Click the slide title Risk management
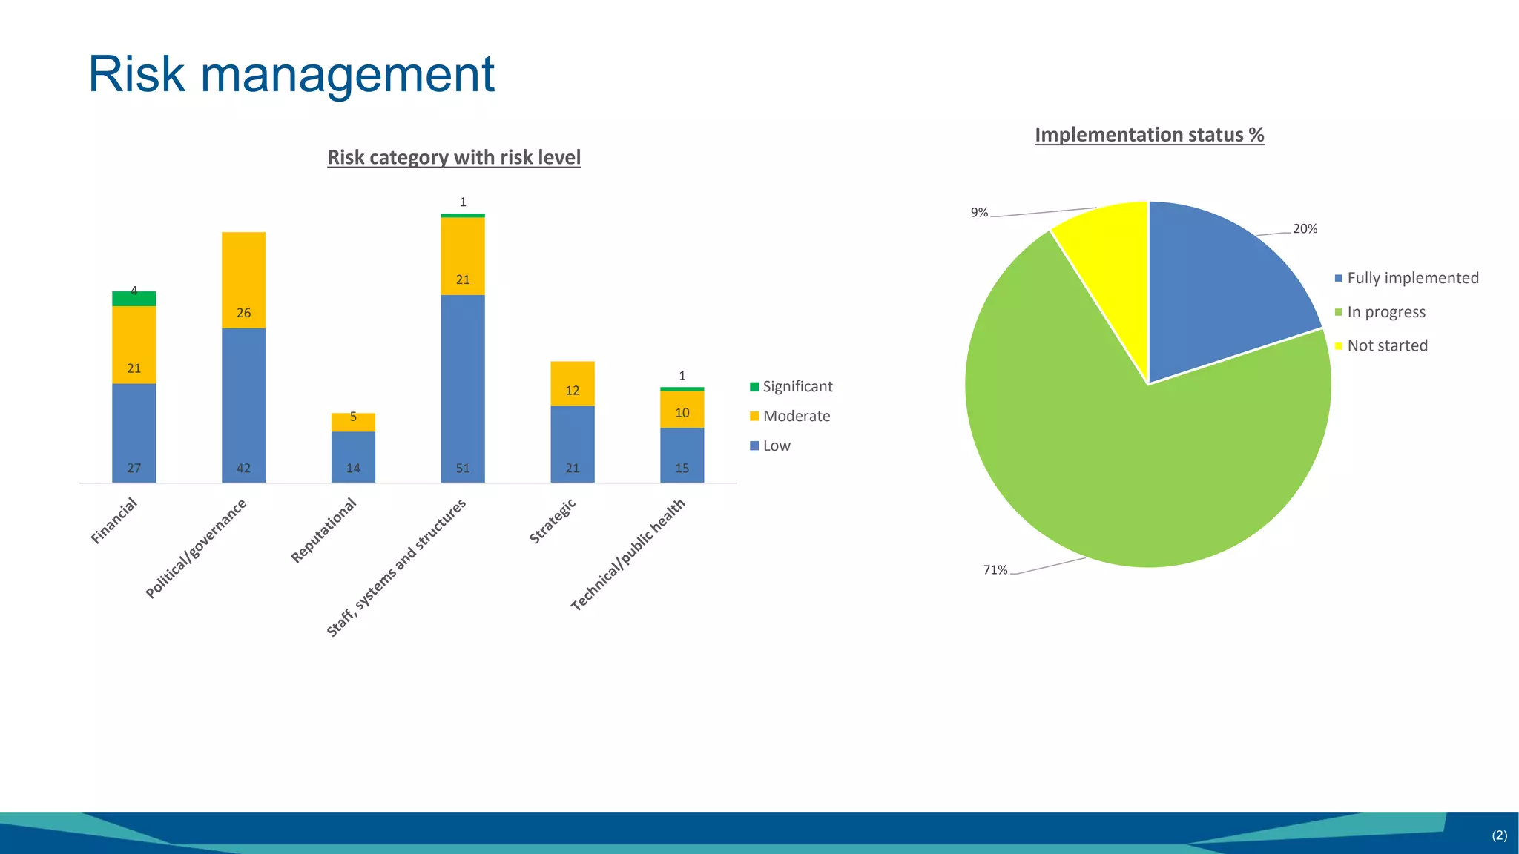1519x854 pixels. [291, 74]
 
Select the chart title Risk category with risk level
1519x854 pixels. [454, 158]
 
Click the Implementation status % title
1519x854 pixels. [1149, 135]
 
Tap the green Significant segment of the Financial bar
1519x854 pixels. [134, 299]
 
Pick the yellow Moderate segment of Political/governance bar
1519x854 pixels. [243, 280]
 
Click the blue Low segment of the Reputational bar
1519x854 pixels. [353, 456]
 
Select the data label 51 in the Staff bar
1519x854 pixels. [463, 469]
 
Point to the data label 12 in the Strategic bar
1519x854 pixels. [573, 391]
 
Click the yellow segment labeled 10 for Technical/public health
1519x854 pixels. [682, 409]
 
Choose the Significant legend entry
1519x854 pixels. [791, 387]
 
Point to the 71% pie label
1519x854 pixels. [995, 570]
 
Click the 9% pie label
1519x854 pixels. [979, 213]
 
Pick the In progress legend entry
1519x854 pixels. [1380, 312]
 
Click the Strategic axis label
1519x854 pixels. [553, 522]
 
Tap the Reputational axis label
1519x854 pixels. [324, 530]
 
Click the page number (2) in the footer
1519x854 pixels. [1499, 835]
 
